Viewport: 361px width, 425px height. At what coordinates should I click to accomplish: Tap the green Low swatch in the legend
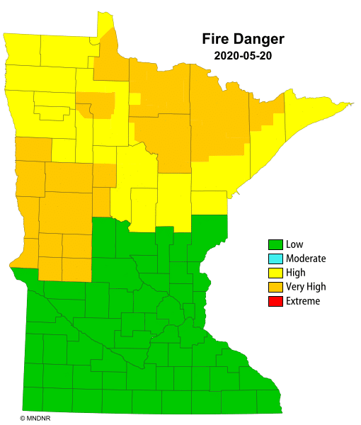pos(275,245)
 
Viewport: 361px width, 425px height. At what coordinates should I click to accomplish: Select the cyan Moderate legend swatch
pos(275,259)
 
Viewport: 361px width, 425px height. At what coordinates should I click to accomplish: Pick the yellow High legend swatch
pos(275,273)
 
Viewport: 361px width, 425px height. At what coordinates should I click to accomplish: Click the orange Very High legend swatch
pos(275,287)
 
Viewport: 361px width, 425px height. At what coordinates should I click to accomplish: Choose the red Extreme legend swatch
pos(275,301)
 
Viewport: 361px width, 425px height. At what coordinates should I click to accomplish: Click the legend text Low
pos(294,245)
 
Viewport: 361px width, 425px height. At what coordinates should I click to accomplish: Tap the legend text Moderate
pos(306,259)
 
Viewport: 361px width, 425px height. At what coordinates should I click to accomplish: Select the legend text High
pos(296,273)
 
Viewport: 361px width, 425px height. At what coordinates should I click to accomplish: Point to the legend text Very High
pos(306,287)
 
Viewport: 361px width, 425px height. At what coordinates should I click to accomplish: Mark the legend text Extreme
pos(303,301)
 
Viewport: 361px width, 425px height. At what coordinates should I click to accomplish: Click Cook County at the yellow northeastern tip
pos(311,113)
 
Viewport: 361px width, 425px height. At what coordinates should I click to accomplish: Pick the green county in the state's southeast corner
pos(268,401)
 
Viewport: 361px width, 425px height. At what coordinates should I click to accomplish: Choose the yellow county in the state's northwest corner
pos(21,50)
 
